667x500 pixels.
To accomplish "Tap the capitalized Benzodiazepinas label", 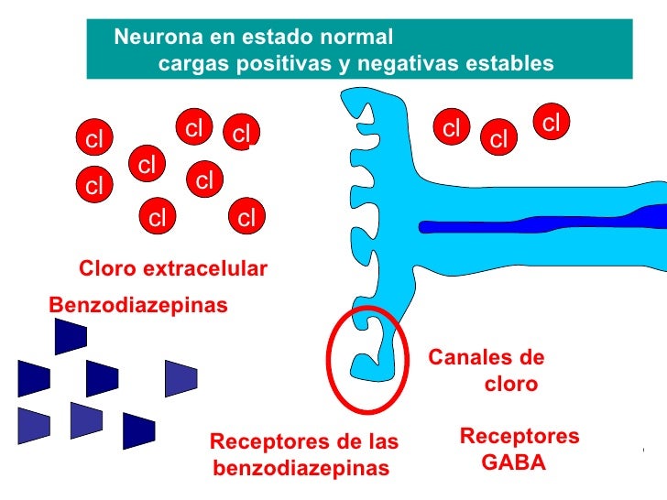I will click(x=137, y=303).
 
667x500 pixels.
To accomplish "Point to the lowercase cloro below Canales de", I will click(x=511, y=385).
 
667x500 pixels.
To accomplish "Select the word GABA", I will click(x=513, y=463).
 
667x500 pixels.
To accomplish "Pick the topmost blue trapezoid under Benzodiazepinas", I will click(x=70, y=337).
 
